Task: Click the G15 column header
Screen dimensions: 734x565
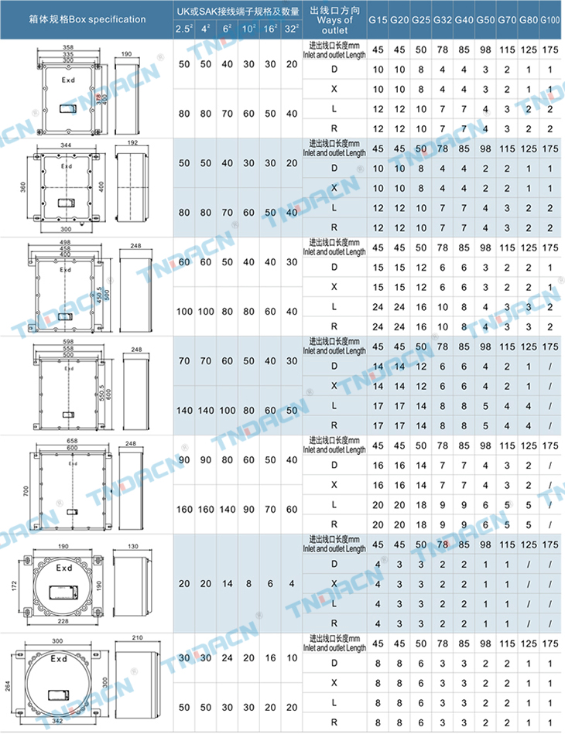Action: (x=378, y=19)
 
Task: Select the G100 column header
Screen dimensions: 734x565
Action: (x=549, y=19)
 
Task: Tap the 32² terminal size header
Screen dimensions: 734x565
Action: (x=290, y=29)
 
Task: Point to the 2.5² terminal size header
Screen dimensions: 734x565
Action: (x=184, y=29)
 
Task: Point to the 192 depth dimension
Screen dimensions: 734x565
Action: (x=130, y=144)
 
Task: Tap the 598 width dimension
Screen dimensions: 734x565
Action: (x=66, y=342)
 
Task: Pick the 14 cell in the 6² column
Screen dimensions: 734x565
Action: (x=227, y=583)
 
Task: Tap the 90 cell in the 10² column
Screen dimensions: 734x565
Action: (x=248, y=510)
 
